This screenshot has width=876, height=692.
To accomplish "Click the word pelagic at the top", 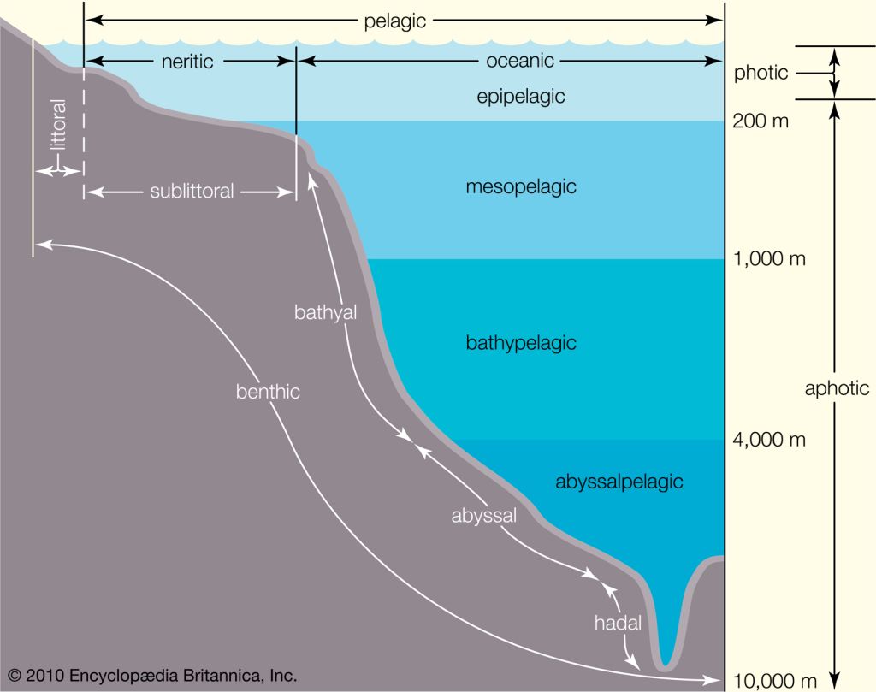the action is point(395,21).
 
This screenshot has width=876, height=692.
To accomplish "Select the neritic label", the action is point(187,62).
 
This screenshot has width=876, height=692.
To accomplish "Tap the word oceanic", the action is point(520,61).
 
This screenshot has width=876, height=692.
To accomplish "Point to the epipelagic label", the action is point(521,97).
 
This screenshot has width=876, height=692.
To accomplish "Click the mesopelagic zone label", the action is point(521,187).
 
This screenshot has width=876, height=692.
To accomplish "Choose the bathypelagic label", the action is point(521,343).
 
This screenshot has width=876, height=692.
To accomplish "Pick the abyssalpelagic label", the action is point(619,482).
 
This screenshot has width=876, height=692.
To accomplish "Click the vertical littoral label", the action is point(58,125).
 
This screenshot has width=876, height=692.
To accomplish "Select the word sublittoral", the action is point(192,192).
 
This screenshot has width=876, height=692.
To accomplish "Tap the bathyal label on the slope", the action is point(325,313).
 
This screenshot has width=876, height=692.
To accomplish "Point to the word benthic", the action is point(268,392).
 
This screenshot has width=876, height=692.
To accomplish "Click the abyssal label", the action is point(484,516).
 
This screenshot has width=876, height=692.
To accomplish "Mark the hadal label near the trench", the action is point(618,623).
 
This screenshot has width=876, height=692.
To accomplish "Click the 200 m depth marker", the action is point(761,121).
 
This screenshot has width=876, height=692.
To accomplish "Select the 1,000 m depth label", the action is point(769,258).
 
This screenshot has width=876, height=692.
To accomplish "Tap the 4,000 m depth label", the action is point(769,440).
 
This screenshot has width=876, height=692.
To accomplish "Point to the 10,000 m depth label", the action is point(774,681).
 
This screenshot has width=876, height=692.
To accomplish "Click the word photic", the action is point(761,74).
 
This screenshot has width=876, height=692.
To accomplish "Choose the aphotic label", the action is point(837,388).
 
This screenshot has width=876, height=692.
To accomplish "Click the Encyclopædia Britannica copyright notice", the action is point(152,676).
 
